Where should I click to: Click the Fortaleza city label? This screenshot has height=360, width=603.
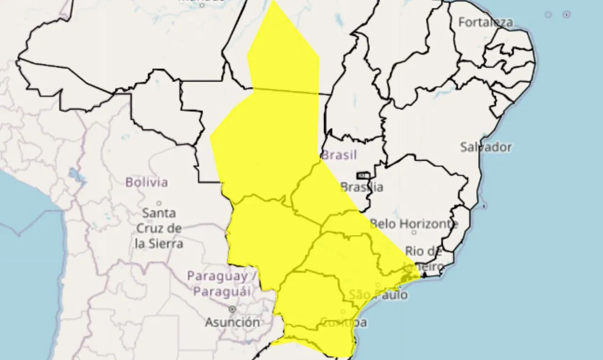point(485,22)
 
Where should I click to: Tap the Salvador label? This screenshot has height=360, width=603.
point(486,147)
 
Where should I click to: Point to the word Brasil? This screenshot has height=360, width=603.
point(339,155)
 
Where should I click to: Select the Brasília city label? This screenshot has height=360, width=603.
point(362,187)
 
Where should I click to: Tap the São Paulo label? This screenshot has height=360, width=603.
point(378,295)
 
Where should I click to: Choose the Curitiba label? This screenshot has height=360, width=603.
point(343,322)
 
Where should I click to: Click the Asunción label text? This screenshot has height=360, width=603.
point(232,322)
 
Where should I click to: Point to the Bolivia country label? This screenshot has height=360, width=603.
point(147,182)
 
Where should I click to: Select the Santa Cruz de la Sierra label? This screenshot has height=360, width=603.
point(159,229)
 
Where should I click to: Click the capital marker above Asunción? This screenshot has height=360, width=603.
point(232,309)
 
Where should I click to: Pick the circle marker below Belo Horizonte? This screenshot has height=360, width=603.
point(414,232)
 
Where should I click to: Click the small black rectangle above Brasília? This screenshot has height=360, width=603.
point(362,176)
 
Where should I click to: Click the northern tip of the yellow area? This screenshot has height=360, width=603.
point(273,1)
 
